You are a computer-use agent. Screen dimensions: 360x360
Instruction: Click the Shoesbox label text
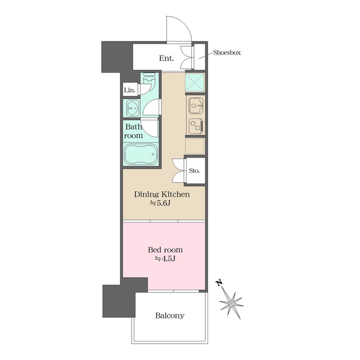[x=227, y=52]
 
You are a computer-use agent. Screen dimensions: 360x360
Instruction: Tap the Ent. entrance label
[x=166, y=58]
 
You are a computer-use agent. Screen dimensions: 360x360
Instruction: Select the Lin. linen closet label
[x=129, y=90]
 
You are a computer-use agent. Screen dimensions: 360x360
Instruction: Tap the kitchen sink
[x=195, y=106]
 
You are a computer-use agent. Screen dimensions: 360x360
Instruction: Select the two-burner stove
[x=196, y=126]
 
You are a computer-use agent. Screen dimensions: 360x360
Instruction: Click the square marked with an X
[x=195, y=82]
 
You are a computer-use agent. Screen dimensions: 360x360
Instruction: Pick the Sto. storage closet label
[x=194, y=171]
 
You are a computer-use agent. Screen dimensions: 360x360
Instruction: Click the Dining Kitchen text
[x=162, y=195]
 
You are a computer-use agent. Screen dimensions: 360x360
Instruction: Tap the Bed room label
[x=165, y=250]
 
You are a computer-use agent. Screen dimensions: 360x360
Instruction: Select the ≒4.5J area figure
[x=165, y=259]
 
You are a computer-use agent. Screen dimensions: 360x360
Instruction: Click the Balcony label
[x=170, y=316]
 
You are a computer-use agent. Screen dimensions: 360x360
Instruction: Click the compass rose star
[x=231, y=304]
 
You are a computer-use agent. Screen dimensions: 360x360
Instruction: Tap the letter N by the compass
[x=219, y=282]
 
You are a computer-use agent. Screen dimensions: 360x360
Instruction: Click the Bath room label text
[x=133, y=131]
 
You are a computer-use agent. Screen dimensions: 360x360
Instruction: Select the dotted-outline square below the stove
[x=195, y=146]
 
